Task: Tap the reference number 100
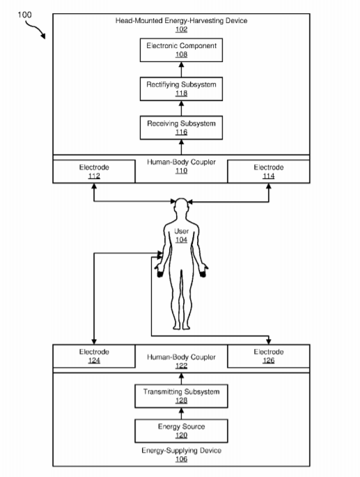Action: coord(24,15)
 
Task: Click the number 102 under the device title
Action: coord(181,29)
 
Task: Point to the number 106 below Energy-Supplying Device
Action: coord(181,459)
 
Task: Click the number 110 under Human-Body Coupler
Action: coord(181,171)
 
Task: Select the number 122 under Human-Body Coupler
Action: coord(181,366)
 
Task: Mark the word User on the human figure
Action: coord(181,231)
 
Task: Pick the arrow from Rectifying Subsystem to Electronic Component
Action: coord(181,70)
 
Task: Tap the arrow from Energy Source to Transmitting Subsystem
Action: coord(181,414)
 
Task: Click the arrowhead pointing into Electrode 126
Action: coord(269,341)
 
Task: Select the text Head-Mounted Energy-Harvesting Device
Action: coord(181,21)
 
